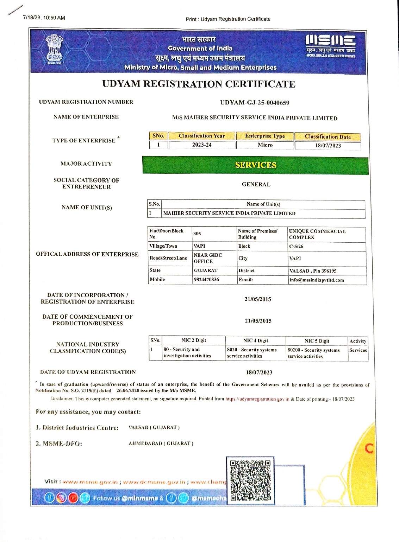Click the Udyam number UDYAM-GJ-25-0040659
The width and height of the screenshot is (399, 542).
point(255,103)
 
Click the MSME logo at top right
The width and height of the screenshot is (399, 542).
point(330,45)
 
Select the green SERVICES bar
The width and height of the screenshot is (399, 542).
point(255,165)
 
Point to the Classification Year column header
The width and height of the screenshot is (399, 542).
point(201,136)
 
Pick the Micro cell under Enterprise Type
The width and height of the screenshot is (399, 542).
point(265,145)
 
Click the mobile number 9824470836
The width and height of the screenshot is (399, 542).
point(206,280)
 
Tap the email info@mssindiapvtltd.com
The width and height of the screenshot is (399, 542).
point(317,280)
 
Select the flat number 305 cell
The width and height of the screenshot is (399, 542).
point(197,234)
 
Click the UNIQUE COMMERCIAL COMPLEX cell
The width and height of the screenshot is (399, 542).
point(317,234)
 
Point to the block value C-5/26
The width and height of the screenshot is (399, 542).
point(296,246)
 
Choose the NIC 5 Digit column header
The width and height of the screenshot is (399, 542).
point(317,341)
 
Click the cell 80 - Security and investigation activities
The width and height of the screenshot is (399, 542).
point(187,353)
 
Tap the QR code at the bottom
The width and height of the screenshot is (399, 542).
point(250,480)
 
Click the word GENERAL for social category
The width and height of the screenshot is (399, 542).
point(256,184)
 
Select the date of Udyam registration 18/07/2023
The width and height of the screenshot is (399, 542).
point(259,372)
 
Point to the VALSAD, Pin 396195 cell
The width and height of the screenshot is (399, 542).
point(313,271)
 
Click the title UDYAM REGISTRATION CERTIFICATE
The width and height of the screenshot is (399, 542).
point(199,84)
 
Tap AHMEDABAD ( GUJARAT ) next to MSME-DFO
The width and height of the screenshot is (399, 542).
point(161,444)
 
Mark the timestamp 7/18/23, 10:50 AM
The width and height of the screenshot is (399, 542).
point(44,18)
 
